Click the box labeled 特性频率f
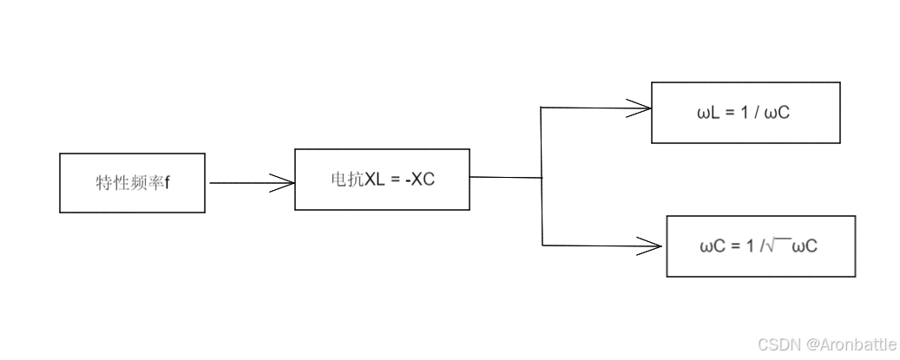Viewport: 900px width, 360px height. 132,183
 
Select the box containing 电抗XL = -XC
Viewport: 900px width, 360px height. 382,180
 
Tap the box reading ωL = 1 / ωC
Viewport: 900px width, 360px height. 746,113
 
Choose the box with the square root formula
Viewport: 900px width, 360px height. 760,246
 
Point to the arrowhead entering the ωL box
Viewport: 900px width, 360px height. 640,108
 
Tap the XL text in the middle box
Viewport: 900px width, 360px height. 374,180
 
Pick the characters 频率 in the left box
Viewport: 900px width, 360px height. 147,184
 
